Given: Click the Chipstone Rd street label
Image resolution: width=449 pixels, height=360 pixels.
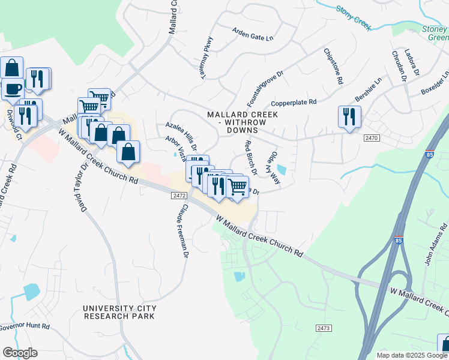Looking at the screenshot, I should click(x=333, y=66).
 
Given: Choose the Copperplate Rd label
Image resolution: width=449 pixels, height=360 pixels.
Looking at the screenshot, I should click(x=294, y=103).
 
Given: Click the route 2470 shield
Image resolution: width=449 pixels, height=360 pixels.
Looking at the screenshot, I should click(x=372, y=138).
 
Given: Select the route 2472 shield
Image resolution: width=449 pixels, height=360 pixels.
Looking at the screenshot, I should click(x=178, y=196).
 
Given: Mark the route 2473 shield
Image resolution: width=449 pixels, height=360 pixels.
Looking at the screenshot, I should click(x=323, y=328).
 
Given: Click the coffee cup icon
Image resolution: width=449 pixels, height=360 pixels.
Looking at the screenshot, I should click(x=13, y=89).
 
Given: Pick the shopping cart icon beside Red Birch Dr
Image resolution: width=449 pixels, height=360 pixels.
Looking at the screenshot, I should click(x=238, y=187).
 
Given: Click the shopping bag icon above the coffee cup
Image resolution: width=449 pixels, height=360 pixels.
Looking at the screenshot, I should click(x=12, y=67).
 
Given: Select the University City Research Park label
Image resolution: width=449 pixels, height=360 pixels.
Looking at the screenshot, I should click(x=119, y=312).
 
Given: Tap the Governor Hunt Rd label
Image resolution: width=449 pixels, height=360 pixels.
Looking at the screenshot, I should click(x=24, y=327).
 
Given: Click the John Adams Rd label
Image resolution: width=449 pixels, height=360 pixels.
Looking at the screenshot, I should click(x=436, y=245).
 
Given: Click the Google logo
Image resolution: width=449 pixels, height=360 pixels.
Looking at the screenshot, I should click(x=20, y=353).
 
